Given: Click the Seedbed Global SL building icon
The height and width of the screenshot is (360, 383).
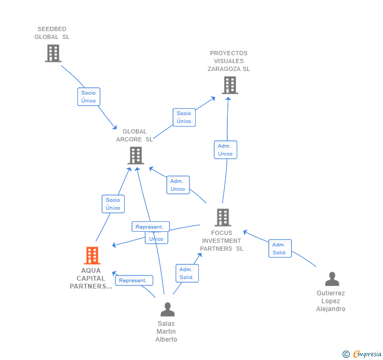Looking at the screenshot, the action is coord(53,53).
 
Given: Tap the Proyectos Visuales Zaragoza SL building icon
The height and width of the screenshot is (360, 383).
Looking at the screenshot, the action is coord(229,85).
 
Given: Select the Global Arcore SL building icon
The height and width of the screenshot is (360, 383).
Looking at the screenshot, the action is coord(136,155).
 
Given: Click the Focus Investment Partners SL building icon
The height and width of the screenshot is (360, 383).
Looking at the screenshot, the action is coord(223,217).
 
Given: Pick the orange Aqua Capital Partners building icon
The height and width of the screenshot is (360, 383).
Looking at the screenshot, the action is coord(92,255).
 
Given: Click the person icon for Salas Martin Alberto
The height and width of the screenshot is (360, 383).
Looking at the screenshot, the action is coord(167,309).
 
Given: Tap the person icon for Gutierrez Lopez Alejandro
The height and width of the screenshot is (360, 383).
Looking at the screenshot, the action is coord(331,279).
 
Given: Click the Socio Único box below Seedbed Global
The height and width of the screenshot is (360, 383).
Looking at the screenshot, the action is coord(88,97).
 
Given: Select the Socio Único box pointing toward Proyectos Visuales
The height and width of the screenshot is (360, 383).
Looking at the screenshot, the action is coord(184,117).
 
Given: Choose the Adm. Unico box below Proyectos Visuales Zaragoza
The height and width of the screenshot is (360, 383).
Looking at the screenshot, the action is coord(225,150).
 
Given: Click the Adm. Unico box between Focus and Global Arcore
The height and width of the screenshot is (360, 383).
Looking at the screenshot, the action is coord(178,185).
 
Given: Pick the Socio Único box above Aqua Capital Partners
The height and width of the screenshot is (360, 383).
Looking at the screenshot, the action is coord(113,204).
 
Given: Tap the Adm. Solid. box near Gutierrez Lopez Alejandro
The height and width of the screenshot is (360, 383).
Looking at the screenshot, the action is coord(279,249).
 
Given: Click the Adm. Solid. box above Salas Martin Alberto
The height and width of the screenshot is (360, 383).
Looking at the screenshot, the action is coord(187,273).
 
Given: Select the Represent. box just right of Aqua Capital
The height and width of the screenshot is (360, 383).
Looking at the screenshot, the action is coord(133,281).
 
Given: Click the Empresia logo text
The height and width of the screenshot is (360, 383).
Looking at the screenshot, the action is coord(367,354).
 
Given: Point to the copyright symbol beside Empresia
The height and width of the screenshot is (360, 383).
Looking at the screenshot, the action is coord(346,354).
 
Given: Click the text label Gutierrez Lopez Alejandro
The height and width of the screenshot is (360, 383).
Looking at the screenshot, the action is coord(330,301).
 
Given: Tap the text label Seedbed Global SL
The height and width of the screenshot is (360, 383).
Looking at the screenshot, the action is coord(52,33).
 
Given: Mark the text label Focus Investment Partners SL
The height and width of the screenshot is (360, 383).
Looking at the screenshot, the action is coord(222,241).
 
